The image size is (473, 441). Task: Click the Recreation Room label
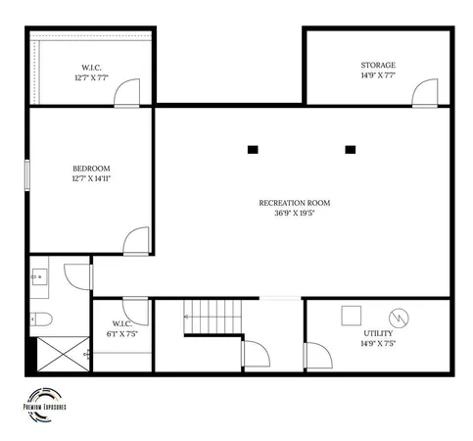point(294,203)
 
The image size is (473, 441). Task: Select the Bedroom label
point(91,168)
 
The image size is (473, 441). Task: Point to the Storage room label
point(377,65)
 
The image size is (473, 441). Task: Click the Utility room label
point(378,334)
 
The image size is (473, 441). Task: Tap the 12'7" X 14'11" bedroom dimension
point(91,178)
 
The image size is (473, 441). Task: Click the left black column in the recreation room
point(253,149)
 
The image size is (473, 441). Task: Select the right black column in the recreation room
point(350,149)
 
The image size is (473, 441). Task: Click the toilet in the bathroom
point(40,318)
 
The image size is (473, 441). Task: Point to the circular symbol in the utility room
point(399,318)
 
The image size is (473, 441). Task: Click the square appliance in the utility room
point(349,317)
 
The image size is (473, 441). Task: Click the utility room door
point(316,356)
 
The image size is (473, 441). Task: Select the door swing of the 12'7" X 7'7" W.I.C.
point(126,93)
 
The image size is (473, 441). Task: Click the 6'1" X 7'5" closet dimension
point(121,333)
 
